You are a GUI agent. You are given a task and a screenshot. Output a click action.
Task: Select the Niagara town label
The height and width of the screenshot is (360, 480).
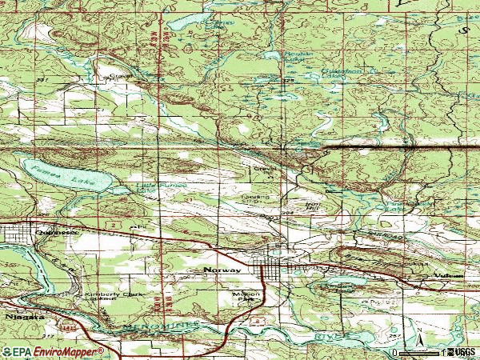coord(14,318)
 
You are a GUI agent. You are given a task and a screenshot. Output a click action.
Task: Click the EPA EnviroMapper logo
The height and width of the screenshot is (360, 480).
coord(53,352)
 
